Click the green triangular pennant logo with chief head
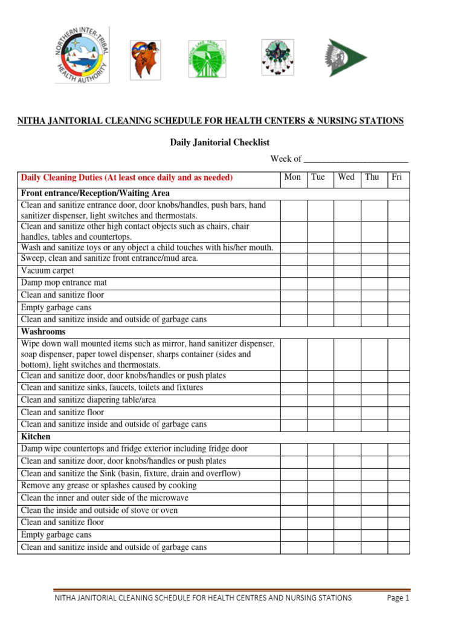click(x=346, y=58)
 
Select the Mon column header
click(x=292, y=177)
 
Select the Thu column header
click(x=372, y=177)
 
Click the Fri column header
click(x=397, y=177)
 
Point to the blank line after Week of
click(x=355, y=159)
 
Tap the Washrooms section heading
click(x=43, y=332)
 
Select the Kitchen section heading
click(x=36, y=436)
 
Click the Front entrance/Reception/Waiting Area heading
click(x=95, y=194)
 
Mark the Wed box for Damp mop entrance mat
click(x=347, y=282)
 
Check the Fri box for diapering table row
click(x=398, y=400)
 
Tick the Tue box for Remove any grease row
click(x=320, y=486)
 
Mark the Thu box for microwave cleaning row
click(x=374, y=498)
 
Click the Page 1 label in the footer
click(x=398, y=598)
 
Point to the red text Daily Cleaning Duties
click(x=127, y=178)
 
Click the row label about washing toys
click(x=147, y=247)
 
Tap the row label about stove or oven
click(x=99, y=511)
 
